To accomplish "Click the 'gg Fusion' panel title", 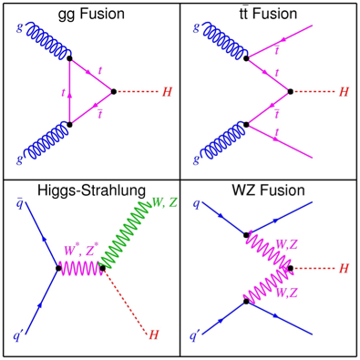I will (x=89, y=15).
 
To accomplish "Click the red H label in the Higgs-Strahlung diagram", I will (x=153, y=335).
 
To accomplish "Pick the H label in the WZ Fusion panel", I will (x=345, y=269).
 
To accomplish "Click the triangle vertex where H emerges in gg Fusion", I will (x=112, y=91).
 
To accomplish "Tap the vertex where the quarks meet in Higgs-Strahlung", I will (x=59, y=268).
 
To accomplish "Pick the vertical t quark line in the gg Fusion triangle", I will (x=69, y=91).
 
